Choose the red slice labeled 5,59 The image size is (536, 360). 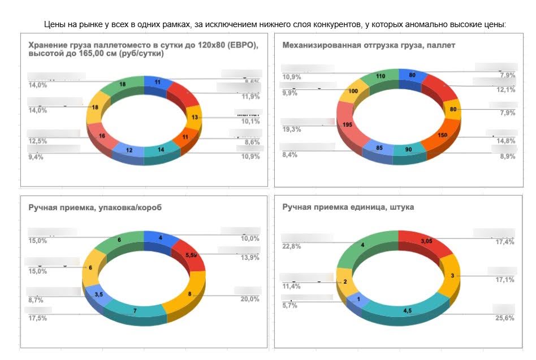[190, 255]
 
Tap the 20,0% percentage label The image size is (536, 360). [249, 299]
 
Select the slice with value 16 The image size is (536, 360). [102, 136]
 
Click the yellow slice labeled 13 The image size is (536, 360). [194, 117]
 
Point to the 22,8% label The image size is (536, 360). [292, 246]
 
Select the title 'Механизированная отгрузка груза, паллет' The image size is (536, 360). [369, 45]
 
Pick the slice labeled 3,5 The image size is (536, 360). [98, 294]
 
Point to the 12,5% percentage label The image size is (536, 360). [38, 141]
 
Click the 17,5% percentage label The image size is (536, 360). [38, 319]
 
